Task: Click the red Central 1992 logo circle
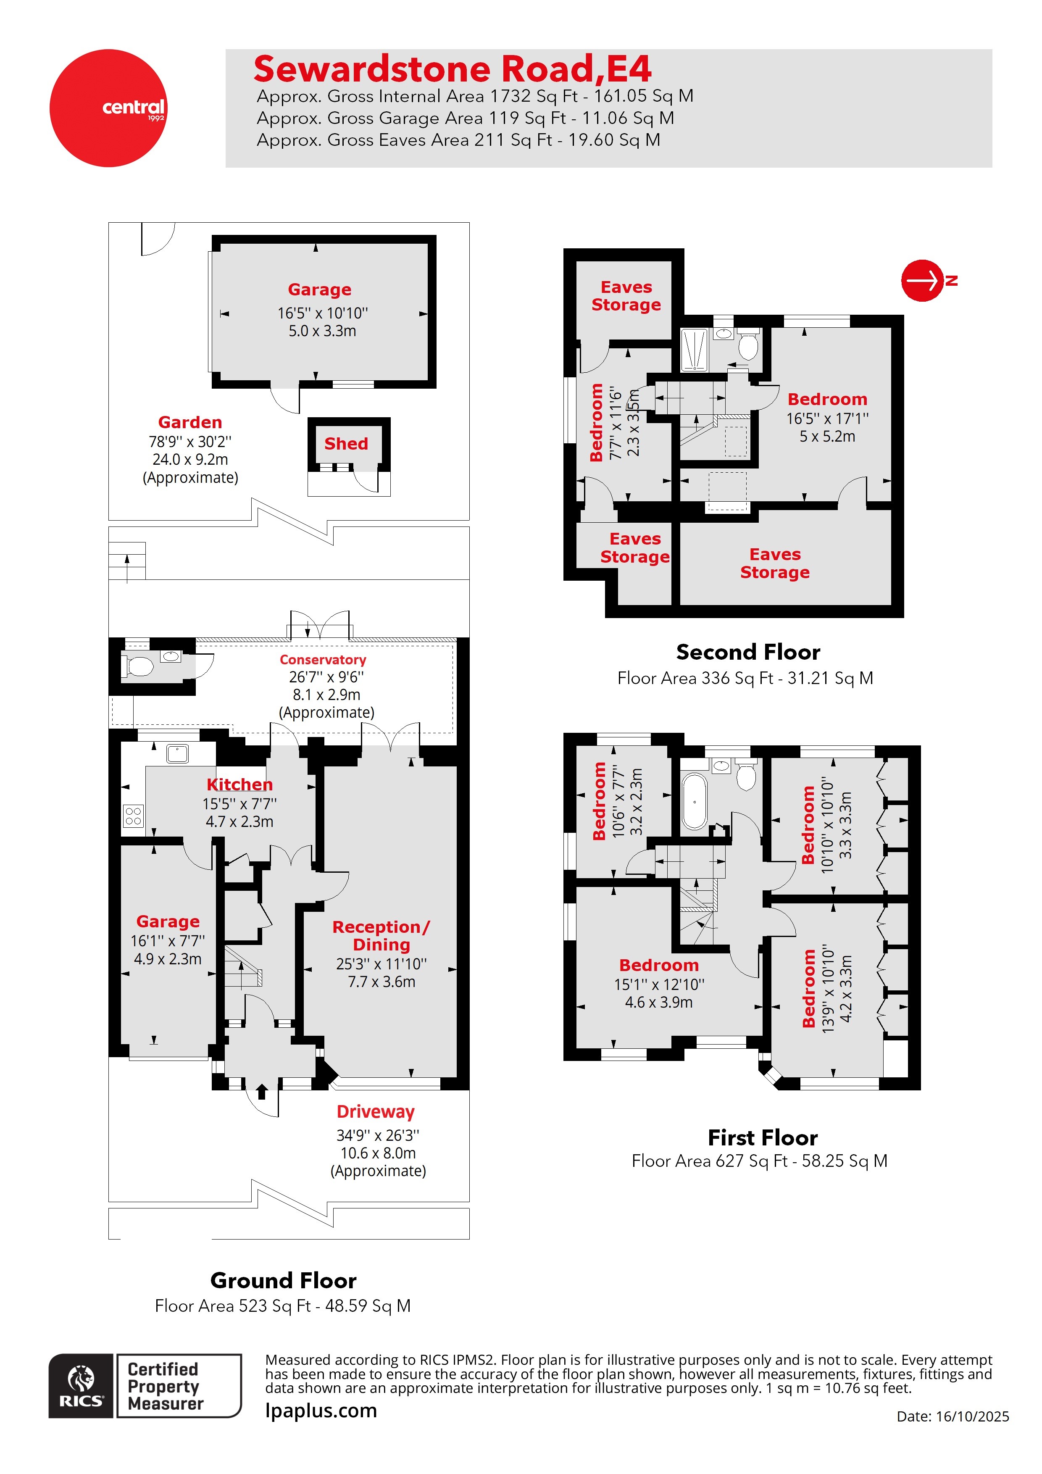click(108, 108)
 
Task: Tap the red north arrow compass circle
click(921, 281)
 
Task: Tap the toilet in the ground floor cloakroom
click(138, 666)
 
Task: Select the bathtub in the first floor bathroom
click(694, 802)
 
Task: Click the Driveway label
click(376, 1112)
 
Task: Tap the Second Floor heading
click(748, 652)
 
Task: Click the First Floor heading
click(762, 1137)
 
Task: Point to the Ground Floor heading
click(283, 1281)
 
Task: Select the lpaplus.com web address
click(321, 1411)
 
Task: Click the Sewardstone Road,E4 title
click(452, 68)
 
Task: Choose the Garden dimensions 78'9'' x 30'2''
click(190, 442)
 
